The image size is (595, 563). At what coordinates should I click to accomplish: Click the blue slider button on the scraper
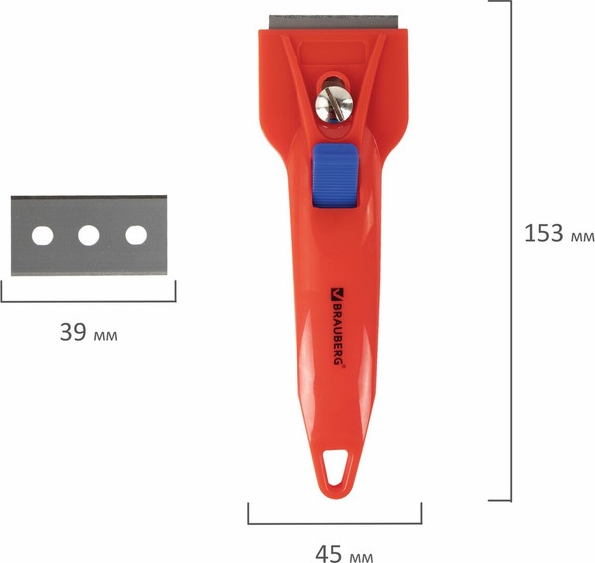click(335, 175)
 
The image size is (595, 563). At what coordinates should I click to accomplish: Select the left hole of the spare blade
click(42, 235)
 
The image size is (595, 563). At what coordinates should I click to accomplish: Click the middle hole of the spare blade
click(89, 235)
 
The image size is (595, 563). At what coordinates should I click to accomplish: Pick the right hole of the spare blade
click(136, 235)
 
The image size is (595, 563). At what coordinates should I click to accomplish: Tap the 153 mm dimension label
click(558, 233)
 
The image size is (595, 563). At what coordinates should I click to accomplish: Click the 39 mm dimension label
click(89, 332)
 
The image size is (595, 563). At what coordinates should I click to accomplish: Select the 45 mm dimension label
click(344, 554)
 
